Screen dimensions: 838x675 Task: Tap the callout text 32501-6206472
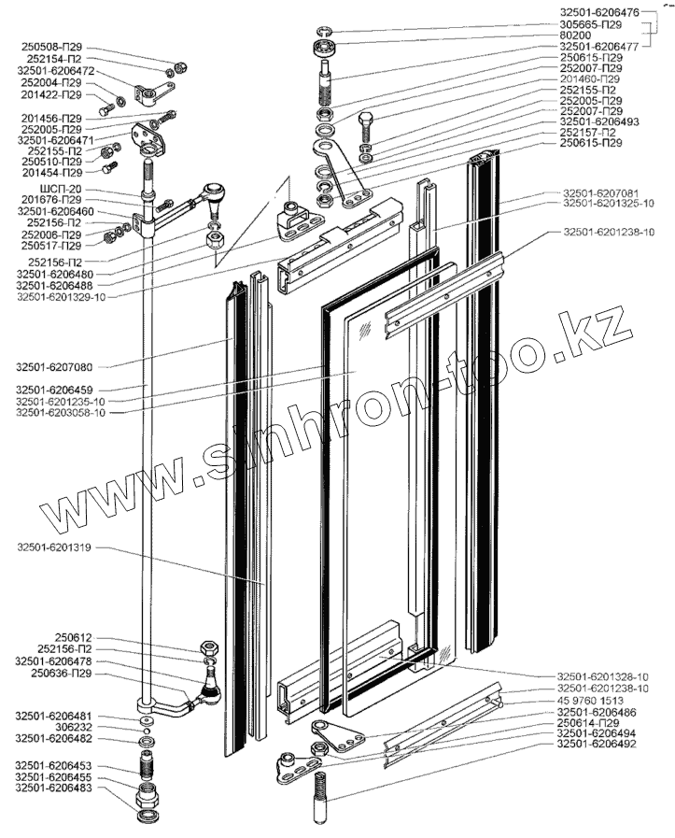56,71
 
